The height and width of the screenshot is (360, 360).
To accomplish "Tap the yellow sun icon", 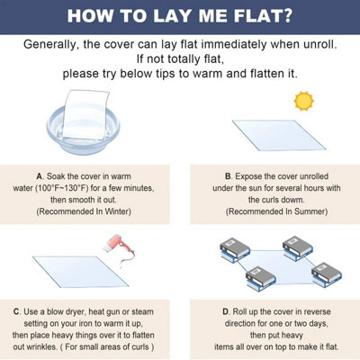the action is pyautogui.click(x=303, y=101).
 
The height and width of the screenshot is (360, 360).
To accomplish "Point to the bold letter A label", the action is pyautogui.click(x=40, y=176).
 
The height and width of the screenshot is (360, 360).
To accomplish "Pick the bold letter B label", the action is pyautogui.click(x=228, y=176).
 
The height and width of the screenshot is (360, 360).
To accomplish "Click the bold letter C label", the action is pyautogui.click(x=17, y=311).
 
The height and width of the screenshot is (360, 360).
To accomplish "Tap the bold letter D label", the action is pyautogui.click(x=226, y=311).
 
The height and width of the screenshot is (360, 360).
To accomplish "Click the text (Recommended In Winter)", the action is pyautogui.click(x=84, y=211).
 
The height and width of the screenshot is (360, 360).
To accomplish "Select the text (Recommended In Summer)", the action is pyautogui.click(x=276, y=211).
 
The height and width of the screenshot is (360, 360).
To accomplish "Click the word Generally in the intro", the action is pyautogui.click(x=51, y=45).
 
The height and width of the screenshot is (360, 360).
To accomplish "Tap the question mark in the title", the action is pyautogui.click(x=286, y=16).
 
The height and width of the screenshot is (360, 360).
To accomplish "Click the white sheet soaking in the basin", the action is pyautogui.click(x=85, y=114).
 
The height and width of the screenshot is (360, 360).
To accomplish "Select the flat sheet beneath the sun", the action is pyautogui.click(x=279, y=135).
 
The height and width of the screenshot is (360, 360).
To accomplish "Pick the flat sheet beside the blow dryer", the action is pyautogui.click(x=81, y=272).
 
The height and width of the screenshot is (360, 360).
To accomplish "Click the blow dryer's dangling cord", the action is pyautogui.click(x=127, y=258).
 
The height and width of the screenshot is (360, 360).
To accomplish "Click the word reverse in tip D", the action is pyautogui.click(x=318, y=311).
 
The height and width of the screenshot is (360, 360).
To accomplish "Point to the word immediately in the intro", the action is pyautogui.click(x=234, y=44).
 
